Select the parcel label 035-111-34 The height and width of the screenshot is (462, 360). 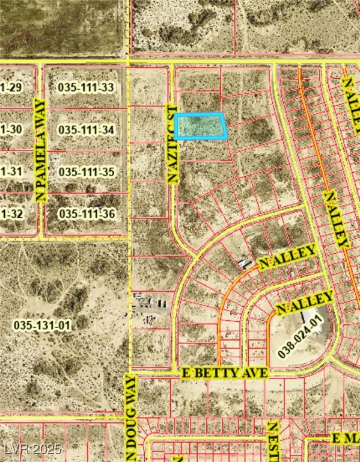87,130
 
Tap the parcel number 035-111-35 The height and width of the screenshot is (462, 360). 87,172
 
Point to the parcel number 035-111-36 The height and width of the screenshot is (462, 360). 87,214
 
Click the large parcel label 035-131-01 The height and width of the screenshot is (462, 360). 42,325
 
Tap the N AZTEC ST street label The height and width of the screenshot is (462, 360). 171,142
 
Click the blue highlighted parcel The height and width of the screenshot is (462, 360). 201,126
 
